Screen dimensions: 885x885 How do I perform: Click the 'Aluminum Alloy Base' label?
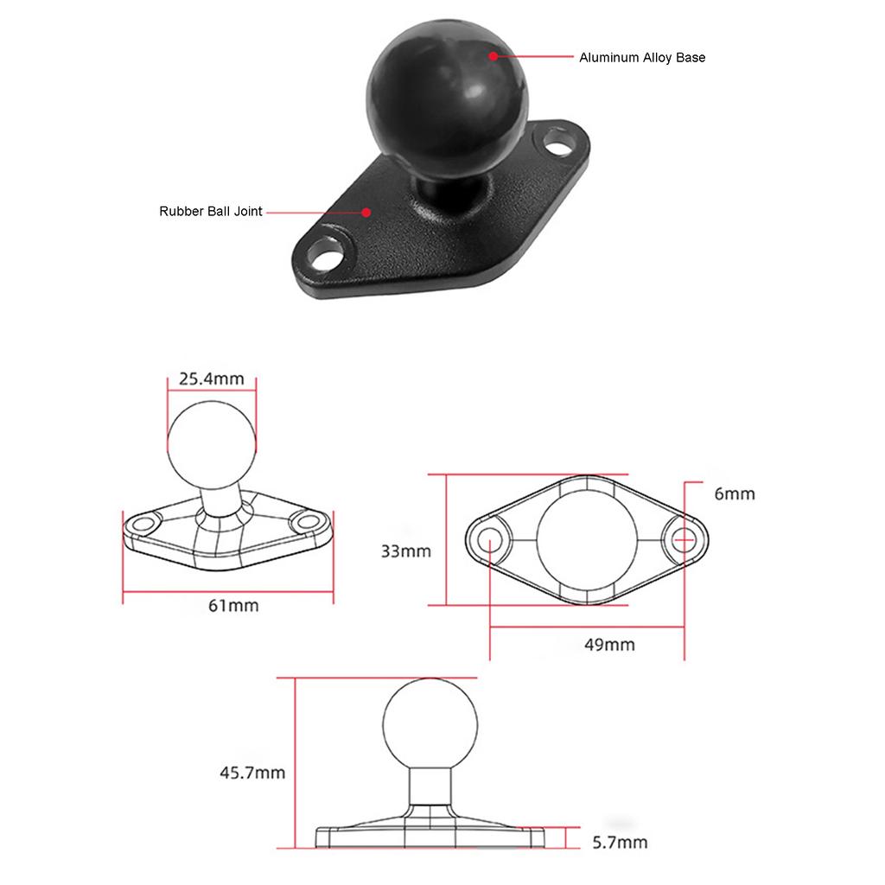642,58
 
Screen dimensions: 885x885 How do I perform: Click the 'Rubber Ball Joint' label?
211,211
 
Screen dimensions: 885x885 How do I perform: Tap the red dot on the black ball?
493,56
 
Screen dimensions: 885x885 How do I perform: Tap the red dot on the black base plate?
366,213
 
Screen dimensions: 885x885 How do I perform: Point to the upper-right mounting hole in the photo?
557,143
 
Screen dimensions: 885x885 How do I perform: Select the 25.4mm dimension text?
212,379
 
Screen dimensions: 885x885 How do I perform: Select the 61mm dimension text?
233,606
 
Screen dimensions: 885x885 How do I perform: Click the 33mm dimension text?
406,551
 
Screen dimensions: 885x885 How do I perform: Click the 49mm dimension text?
609,645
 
